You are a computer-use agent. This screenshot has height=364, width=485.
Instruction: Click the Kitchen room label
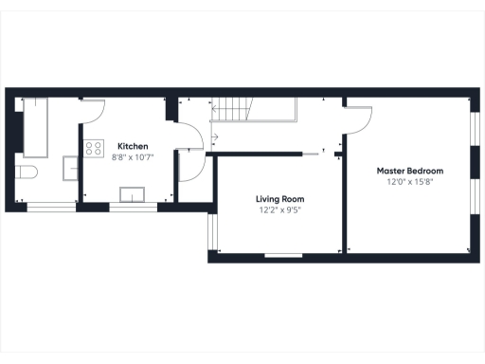[x=132, y=146]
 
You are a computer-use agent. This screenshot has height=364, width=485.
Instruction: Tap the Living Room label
[x=274, y=199]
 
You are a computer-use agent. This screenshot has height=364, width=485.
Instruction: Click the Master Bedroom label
[x=409, y=171]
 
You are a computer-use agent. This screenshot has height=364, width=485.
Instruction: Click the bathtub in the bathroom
[x=38, y=126]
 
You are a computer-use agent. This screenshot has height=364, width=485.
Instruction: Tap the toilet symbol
[x=26, y=173]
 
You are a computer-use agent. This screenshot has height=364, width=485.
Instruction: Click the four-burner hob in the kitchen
[x=94, y=148]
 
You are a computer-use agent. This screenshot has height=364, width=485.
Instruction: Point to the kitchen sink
[x=132, y=195]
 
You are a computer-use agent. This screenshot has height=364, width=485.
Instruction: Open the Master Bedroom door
[x=359, y=118]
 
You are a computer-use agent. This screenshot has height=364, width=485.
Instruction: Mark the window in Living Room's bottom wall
[x=283, y=254]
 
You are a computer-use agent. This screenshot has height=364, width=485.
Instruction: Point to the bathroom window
[x=50, y=206]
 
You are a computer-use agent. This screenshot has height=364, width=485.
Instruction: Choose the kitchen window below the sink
[x=132, y=206]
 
